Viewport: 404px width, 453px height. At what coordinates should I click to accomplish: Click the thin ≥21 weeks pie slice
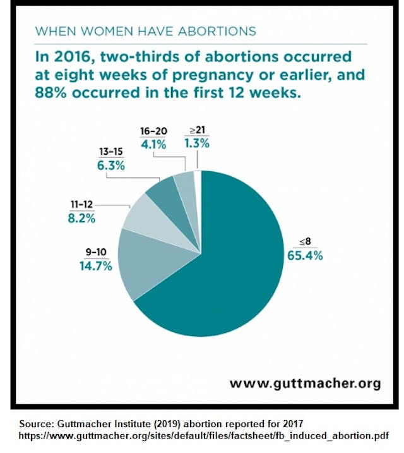[x=198, y=178]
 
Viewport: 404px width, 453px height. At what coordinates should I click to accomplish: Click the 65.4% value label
[x=306, y=256]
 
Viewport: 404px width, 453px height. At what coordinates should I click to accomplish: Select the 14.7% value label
[x=95, y=266]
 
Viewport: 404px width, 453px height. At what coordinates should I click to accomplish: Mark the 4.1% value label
[x=153, y=145]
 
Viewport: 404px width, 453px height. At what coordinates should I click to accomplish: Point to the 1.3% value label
[x=196, y=145]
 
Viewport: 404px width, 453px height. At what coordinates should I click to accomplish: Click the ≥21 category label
[x=196, y=131]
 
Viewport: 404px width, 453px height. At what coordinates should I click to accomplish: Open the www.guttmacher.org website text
[x=304, y=383]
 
